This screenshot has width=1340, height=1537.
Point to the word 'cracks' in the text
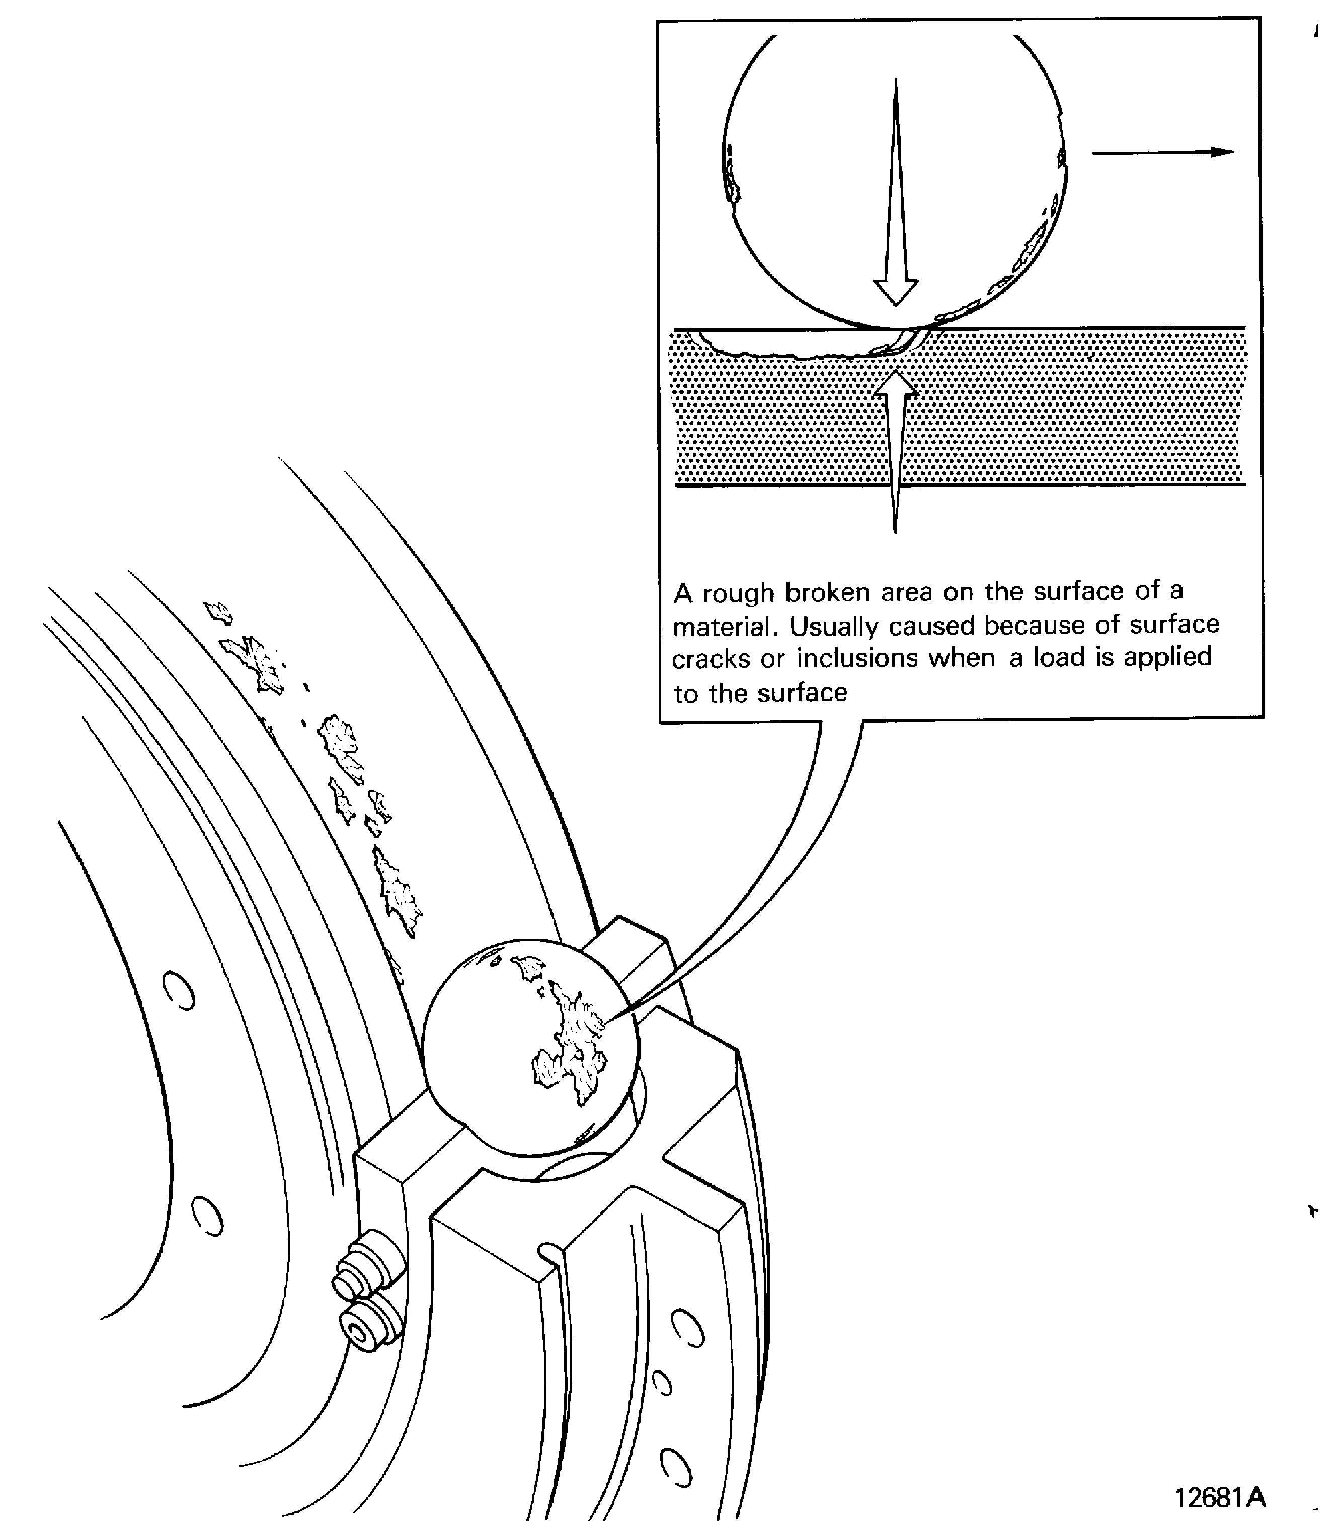point(711,660)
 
